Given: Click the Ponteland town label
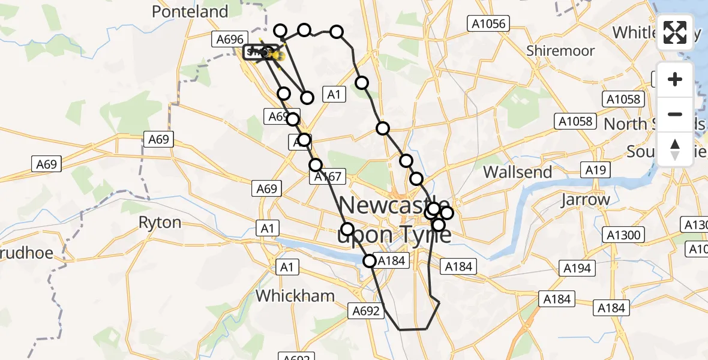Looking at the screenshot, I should click(190, 11).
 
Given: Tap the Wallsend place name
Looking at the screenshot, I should click(517, 172).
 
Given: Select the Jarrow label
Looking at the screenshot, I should click(586, 199).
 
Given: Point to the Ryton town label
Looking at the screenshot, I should click(160, 223).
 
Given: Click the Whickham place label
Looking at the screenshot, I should click(295, 295).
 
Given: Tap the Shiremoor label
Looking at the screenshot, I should click(560, 51).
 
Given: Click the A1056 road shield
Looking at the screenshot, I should click(488, 24).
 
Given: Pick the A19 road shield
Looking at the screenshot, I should click(596, 170).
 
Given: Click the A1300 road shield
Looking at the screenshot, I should click(624, 235).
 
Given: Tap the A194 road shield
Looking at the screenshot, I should click(577, 268).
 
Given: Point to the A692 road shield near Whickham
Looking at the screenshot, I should click(366, 310).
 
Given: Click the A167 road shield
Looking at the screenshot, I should click(327, 176).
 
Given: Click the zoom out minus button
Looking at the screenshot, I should click(675, 114).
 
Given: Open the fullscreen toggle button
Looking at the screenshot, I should click(675, 32).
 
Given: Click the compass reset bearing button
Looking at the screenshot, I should click(675, 149).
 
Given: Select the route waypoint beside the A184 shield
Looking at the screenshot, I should click(369, 260).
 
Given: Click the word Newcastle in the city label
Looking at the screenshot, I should click(393, 206).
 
